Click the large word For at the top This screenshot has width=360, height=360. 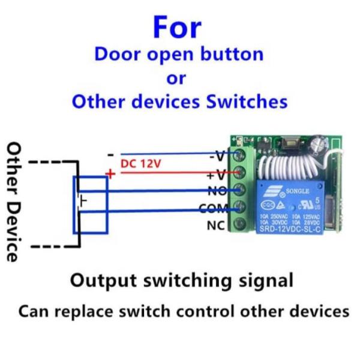click(x=178, y=26)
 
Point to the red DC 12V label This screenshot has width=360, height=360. click(x=140, y=163)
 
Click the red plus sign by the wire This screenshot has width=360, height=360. click(x=110, y=174)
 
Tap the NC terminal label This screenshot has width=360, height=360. click(x=216, y=226)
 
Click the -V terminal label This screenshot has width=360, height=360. click(x=217, y=157)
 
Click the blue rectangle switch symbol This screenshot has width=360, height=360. click(x=90, y=204)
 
